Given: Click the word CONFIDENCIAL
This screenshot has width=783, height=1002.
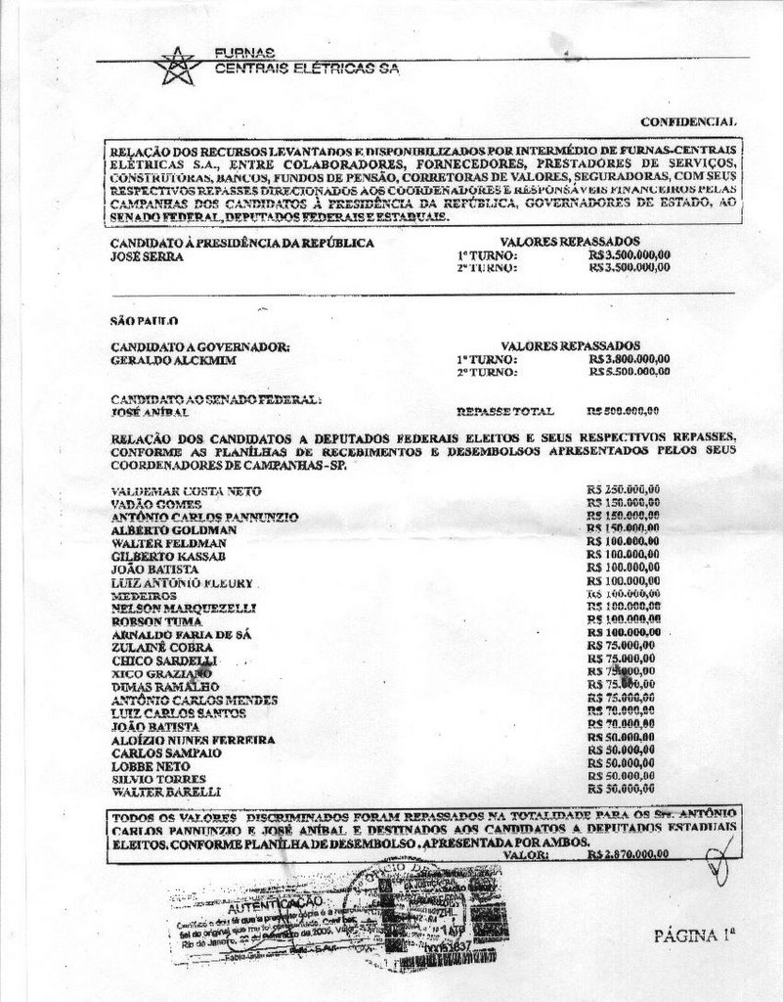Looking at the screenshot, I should (x=688, y=121).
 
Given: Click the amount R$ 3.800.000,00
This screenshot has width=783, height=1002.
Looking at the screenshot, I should (x=630, y=359).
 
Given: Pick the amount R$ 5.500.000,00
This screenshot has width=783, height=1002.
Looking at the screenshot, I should (x=630, y=372).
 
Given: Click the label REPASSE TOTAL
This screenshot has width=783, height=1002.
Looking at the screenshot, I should (x=505, y=412).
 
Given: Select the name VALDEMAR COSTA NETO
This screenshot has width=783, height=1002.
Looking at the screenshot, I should (x=186, y=490).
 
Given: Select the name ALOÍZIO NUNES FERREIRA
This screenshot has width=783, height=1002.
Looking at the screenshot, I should (x=193, y=741).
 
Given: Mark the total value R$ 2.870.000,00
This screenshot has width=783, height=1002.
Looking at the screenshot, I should (x=629, y=853).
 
